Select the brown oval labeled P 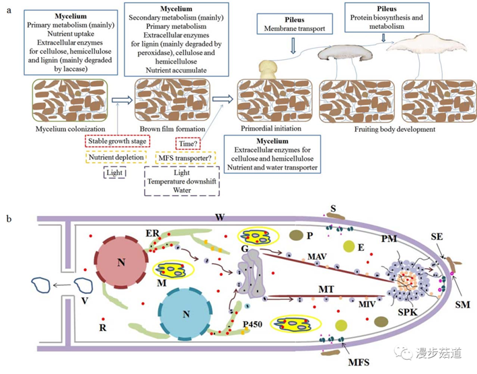[x=295, y=236]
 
